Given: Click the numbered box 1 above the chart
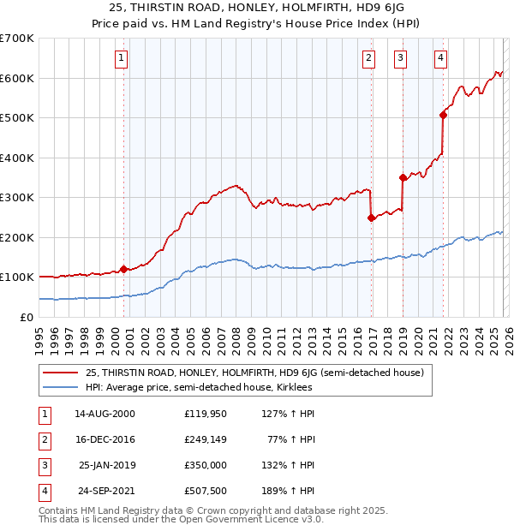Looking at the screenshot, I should (x=121, y=58).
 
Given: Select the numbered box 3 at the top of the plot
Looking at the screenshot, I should (x=400, y=58).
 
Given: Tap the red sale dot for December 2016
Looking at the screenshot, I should (x=371, y=218).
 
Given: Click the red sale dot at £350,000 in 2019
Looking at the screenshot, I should (x=403, y=177).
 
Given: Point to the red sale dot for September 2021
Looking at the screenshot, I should (x=443, y=115).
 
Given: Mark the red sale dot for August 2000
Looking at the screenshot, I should (x=123, y=269).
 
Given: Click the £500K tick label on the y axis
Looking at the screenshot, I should (x=16, y=117).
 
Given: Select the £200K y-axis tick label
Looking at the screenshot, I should (x=16, y=237).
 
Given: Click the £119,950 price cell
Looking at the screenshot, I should (x=206, y=413).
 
